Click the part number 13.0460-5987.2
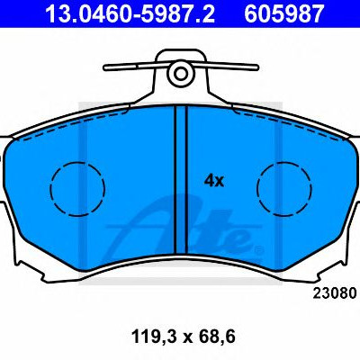tap(130, 13)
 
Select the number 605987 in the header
tap(283, 13)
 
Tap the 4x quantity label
tap(214, 181)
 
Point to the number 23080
tap(335, 293)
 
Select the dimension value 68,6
tap(218, 337)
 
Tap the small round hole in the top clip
tap(181, 74)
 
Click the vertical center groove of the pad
tap(181, 180)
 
